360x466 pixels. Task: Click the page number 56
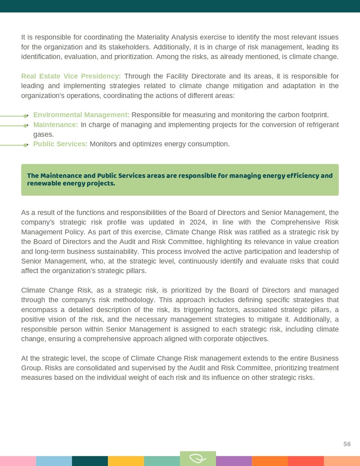coord(347,444)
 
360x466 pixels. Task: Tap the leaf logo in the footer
coord(198,458)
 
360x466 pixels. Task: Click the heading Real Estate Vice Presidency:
coord(71,76)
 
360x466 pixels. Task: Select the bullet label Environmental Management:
coord(81,115)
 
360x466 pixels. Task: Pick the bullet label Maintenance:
coord(55,125)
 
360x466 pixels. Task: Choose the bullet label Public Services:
coord(60,144)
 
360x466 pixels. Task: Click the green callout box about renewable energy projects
coord(180,180)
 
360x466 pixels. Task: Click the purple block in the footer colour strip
coord(233,461)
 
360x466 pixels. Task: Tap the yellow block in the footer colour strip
coord(126,461)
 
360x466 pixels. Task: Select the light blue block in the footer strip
coord(54,461)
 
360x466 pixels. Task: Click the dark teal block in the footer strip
coord(90,461)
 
